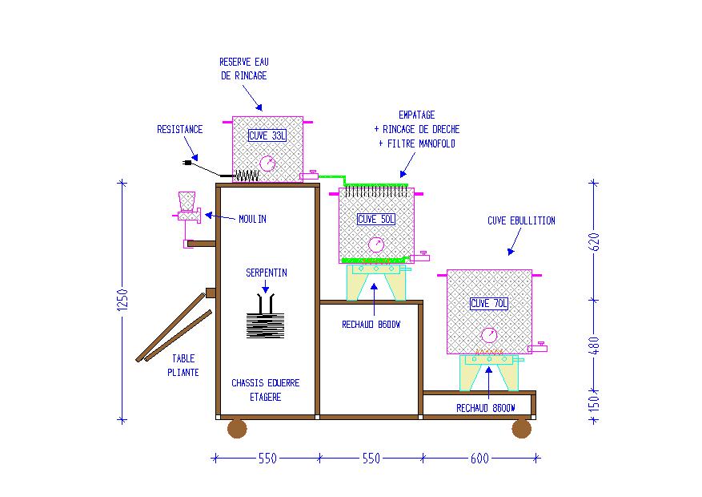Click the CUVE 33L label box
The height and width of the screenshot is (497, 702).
pyautogui.click(x=267, y=135)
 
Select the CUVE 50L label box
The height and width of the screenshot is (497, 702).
pyautogui.click(x=376, y=219)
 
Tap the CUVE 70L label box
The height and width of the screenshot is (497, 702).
pyautogui.click(x=489, y=303)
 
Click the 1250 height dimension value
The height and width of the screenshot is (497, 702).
pyautogui.click(x=122, y=300)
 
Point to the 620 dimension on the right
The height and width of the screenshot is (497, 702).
pyautogui.click(x=594, y=241)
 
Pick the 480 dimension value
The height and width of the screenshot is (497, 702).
pyautogui.click(x=594, y=345)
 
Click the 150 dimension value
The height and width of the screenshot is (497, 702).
pyautogui.click(x=594, y=403)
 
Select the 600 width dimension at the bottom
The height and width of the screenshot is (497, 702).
pyautogui.click(x=479, y=458)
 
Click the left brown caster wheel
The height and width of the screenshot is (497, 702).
pyautogui.click(x=237, y=428)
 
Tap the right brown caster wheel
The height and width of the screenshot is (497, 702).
pyautogui.click(x=522, y=428)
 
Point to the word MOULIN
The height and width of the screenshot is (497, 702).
pyautogui.click(x=252, y=219)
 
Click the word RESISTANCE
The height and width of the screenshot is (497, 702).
pyautogui.click(x=179, y=129)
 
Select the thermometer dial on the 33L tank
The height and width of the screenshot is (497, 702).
pyautogui.click(x=267, y=164)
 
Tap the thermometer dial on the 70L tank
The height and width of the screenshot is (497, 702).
pyautogui.click(x=489, y=335)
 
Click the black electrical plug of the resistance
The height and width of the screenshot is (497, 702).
pyautogui.click(x=188, y=163)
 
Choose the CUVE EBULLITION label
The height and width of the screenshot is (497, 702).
pyautogui.click(x=521, y=220)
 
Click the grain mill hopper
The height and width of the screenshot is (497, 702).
pyautogui.click(x=187, y=201)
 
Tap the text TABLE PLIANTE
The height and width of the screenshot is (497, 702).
pyautogui.click(x=183, y=366)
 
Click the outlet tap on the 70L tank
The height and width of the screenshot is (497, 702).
pyautogui.click(x=538, y=347)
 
